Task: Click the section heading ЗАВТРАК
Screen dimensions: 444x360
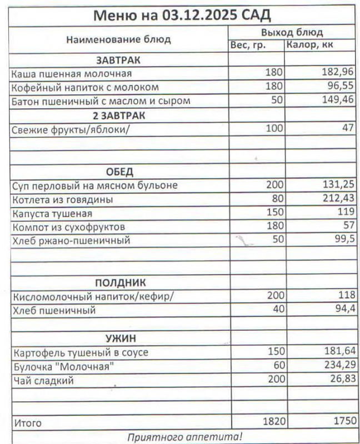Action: (118, 59)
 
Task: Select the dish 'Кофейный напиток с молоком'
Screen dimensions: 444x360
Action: (86, 87)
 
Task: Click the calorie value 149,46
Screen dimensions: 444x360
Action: (338, 101)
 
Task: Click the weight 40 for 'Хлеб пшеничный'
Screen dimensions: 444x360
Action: (277, 310)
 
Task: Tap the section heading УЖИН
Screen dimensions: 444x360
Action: (121, 338)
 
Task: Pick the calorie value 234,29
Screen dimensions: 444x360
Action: (338, 366)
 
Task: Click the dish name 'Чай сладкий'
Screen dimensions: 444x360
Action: (43, 381)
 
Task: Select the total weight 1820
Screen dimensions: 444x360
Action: (273, 422)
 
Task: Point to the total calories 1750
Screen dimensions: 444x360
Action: (342, 422)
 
